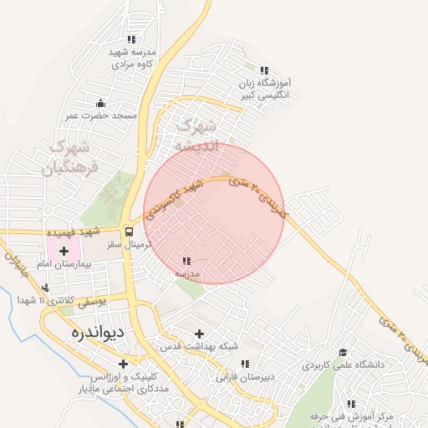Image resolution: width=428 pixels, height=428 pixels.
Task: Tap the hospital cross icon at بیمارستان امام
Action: click(64, 251)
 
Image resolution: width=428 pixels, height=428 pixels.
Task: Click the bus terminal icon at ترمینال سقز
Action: click(129, 232)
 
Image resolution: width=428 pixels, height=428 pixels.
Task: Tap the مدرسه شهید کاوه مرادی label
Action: click(131, 57)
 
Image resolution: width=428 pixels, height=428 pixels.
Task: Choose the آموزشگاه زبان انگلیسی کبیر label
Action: click(265, 89)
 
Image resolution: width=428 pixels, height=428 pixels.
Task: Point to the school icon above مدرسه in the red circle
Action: click(186, 261)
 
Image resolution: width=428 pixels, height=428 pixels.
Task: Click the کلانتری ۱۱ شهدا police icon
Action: click(44, 288)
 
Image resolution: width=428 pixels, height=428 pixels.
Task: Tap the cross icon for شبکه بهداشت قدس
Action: click(199, 334)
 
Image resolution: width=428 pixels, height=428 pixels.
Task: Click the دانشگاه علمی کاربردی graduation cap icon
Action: click(340, 353)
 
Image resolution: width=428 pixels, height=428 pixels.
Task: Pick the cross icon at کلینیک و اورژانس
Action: click(124, 364)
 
